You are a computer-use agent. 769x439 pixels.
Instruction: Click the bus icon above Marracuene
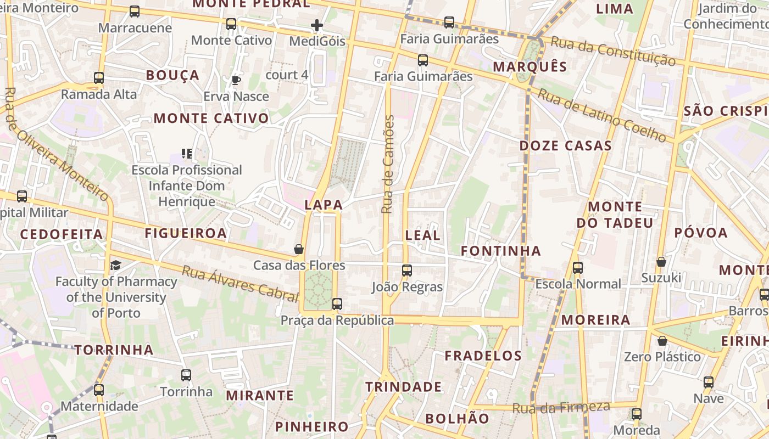135,12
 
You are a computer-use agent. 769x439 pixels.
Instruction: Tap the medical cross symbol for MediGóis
317,25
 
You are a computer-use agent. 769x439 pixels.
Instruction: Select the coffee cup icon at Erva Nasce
236,81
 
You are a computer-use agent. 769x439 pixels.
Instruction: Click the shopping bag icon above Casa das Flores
299,249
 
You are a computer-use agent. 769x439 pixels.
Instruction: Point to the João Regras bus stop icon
407,271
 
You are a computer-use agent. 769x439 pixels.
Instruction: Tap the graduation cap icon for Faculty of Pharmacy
115,266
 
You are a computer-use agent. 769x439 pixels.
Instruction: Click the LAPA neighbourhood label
324,205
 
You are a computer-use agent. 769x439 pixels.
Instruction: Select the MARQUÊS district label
530,67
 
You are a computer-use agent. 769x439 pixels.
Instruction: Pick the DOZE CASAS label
565,146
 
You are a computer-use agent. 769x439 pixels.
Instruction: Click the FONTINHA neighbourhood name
501,251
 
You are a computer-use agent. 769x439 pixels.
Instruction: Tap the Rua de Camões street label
388,165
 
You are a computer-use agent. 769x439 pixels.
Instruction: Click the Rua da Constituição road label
612,51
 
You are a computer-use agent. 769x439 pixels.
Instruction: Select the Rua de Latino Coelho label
601,115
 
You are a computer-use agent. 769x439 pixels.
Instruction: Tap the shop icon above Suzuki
661,262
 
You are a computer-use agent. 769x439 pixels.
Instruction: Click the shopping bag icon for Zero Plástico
662,341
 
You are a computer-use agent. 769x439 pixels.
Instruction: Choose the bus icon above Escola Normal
578,268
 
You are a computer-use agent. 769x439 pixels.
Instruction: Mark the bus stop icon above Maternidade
99,390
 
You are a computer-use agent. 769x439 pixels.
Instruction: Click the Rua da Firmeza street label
561,408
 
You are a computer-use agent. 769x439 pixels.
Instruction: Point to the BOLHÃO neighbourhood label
457,419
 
